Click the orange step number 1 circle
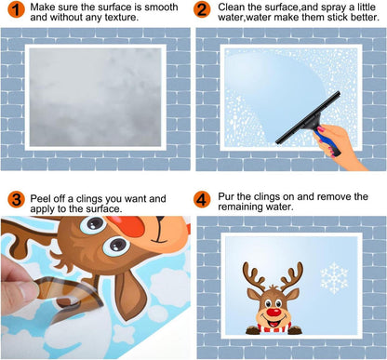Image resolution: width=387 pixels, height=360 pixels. coord(16,9)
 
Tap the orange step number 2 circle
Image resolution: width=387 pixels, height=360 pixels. coord(202,9)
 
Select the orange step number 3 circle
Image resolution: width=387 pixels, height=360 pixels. coord(16,199)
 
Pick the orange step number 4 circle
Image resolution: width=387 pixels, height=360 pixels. coord(202,199)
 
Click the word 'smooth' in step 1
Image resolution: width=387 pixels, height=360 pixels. coord(162,7)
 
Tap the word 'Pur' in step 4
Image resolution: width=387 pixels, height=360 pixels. coord(226,196)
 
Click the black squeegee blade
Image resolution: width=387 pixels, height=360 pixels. coord(308,117)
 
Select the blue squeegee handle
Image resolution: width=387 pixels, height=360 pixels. coord(327,142)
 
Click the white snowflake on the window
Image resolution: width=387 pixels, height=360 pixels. coord(334,278)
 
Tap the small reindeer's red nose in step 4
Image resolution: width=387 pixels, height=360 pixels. coord(273,312)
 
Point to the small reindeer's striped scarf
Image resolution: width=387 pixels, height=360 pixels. coord(274,327)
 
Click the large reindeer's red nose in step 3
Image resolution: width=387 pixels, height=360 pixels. coord(126,226)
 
